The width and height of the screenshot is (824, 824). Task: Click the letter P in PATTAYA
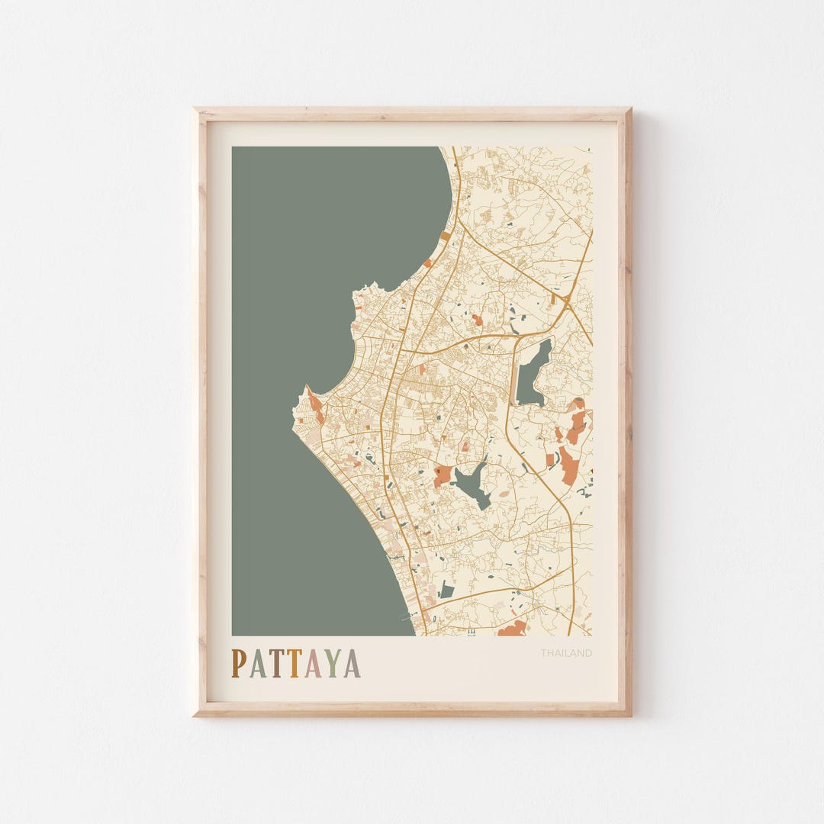pyautogui.click(x=239, y=663)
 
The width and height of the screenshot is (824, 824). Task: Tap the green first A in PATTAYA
pyautogui.click(x=257, y=663)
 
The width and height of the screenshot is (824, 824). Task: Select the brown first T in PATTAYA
pyautogui.click(x=275, y=663)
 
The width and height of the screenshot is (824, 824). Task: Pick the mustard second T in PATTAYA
pyautogui.click(x=294, y=663)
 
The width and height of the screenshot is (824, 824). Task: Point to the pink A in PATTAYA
pyautogui.click(x=313, y=663)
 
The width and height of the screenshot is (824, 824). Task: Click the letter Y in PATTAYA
pyautogui.click(x=332, y=663)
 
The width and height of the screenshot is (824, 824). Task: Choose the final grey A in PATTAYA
pyautogui.click(x=351, y=663)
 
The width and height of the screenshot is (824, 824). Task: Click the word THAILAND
pyautogui.click(x=566, y=653)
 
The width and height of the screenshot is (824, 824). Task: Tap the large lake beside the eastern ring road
pyautogui.click(x=534, y=372)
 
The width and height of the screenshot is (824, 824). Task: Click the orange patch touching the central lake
pyautogui.click(x=442, y=476)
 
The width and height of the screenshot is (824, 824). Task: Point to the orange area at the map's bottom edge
pyautogui.click(x=512, y=629)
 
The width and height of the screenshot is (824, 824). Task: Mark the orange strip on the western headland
pyautogui.click(x=315, y=406)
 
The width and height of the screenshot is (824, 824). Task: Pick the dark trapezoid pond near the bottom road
pyautogui.click(x=447, y=590)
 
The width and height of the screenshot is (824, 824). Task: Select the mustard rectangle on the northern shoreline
pyautogui.click(x=445, y=237)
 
